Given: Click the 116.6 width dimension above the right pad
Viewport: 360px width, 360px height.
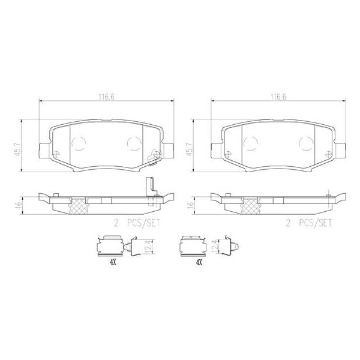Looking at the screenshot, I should (277, 96).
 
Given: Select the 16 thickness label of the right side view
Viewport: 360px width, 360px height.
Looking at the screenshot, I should (191, 204).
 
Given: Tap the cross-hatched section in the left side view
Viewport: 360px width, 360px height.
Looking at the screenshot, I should (77, 206).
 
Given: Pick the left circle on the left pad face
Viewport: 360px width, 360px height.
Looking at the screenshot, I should (79, 143).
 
